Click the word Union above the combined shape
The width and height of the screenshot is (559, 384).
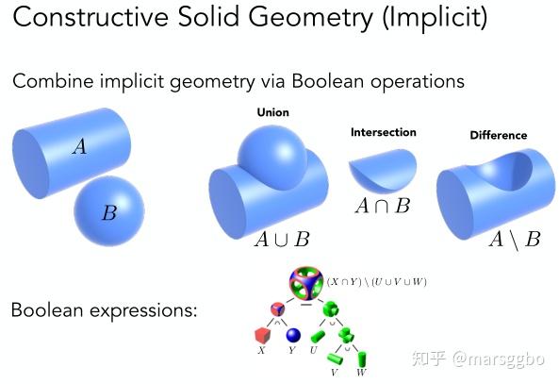tap(272, 112)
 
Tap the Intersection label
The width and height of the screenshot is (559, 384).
tap(384, 132)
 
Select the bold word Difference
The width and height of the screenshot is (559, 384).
tap(499, 135)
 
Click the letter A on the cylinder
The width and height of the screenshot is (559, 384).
tap(79, 146)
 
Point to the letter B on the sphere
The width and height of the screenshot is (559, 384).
tap(109, 212)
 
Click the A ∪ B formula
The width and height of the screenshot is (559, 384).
tap(282, 239)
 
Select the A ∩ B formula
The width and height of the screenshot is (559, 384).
tap(383, 206)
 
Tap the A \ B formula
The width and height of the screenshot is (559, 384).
tap(515, 239)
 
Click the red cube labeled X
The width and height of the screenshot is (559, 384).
tap(262, 335)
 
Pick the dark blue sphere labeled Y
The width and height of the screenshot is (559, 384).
tap(293, 335)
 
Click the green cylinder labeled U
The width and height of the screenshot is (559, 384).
tap(318, 336)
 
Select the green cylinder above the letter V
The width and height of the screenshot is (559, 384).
tap(335, 359)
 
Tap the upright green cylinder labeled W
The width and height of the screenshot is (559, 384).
tap(361, 359)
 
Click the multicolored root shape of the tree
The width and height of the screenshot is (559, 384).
tap(305, 282)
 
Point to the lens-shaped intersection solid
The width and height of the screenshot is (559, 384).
tap(383, 170)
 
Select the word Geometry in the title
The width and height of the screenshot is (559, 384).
tap(310, 18)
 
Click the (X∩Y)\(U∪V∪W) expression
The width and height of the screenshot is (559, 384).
tap(376, 281)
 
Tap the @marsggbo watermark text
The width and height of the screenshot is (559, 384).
tap(499, 359)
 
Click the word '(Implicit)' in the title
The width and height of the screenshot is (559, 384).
tap(435, 18)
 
